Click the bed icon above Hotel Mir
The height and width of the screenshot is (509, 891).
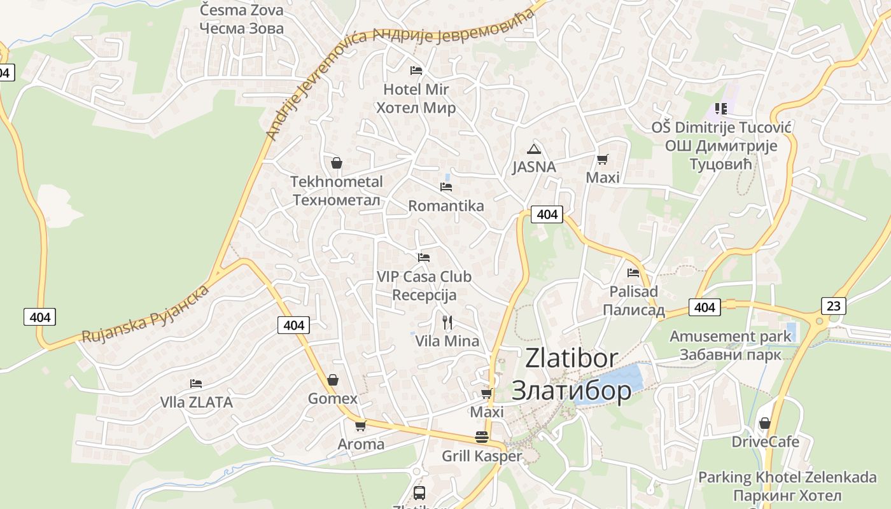[x=416, y=71]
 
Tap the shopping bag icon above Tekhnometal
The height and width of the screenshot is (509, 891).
[x=337, y=164]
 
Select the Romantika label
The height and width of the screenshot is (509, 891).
[x=445, y=206]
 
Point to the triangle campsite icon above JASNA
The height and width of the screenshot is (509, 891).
[x=534, y=150]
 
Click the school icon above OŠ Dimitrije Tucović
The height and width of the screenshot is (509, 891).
[x=720, y=109]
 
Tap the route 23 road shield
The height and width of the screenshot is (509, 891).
[x=834, y=306]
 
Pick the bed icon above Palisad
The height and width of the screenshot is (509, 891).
[x=633, y=273]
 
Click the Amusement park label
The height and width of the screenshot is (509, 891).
[x=730, y=337]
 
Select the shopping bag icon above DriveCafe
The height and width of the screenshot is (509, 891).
[x=765, y=423]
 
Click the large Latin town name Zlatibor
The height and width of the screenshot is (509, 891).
[x=572, y=358]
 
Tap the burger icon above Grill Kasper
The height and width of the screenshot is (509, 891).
[x=482, y=438]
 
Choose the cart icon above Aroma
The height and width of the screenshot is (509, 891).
[x=361, y=426]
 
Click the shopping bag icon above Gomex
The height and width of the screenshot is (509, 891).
[x=332, y=380]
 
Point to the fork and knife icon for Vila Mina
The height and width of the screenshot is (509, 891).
[x=447, y=323]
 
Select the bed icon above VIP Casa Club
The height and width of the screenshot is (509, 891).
[x=424, y=258]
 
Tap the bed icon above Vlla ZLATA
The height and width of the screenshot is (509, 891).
[x=196, y=384]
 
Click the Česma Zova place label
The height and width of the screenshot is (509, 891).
[x=241, y=10]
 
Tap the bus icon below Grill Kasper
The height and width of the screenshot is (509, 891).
[x=419, y=492]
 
